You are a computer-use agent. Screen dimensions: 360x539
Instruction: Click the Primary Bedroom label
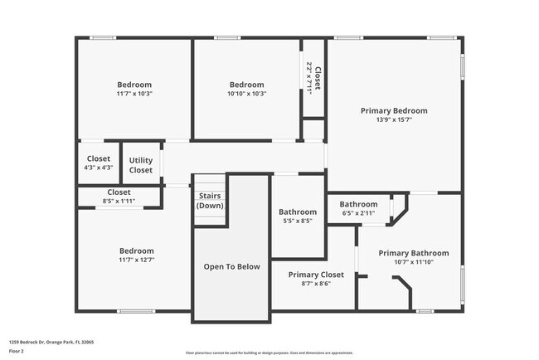pos(394,110)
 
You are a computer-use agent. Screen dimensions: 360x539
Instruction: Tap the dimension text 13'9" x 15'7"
pos(394,119)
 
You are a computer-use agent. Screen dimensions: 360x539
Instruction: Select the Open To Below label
pos(232,266)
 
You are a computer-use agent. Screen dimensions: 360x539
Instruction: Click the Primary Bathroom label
pos(414,253)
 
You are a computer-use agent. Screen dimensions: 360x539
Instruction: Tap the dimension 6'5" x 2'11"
pos(358,213)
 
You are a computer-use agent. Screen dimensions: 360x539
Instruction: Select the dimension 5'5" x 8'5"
pos(298,221)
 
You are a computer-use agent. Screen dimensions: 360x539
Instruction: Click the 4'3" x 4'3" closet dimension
pos(99,168)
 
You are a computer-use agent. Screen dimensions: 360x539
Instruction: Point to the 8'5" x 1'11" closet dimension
pos(119,201)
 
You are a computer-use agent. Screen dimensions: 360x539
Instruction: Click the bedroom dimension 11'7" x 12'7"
pos(136,260)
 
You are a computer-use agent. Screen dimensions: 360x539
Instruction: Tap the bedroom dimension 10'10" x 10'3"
pos(246,94)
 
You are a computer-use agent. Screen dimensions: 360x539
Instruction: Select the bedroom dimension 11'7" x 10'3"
pos(134,94)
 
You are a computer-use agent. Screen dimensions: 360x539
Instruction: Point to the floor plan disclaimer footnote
pos(269,352)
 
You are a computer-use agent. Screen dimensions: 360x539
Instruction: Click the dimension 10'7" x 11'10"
pos(414,262)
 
